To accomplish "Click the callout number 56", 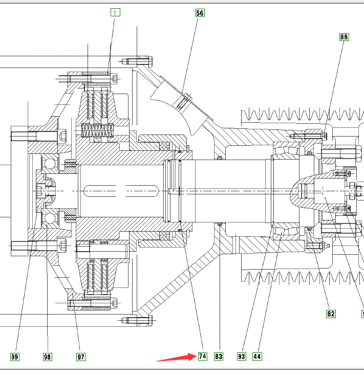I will (200, 13).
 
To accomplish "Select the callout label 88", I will (343, 37).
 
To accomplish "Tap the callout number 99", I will (14, 356).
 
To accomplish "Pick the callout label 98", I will (48, 356).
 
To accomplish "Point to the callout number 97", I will (81, 356).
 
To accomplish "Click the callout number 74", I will (202, 356).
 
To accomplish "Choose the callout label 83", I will (219, 356).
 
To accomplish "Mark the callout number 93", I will (241, 356).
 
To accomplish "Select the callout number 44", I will (257, 356).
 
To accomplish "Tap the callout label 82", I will (331, 314).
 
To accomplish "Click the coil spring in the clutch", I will (97, 131).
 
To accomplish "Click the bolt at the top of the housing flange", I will (138, 62).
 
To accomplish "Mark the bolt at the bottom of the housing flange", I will (138, 321).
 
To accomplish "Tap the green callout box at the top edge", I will (116, 12).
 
